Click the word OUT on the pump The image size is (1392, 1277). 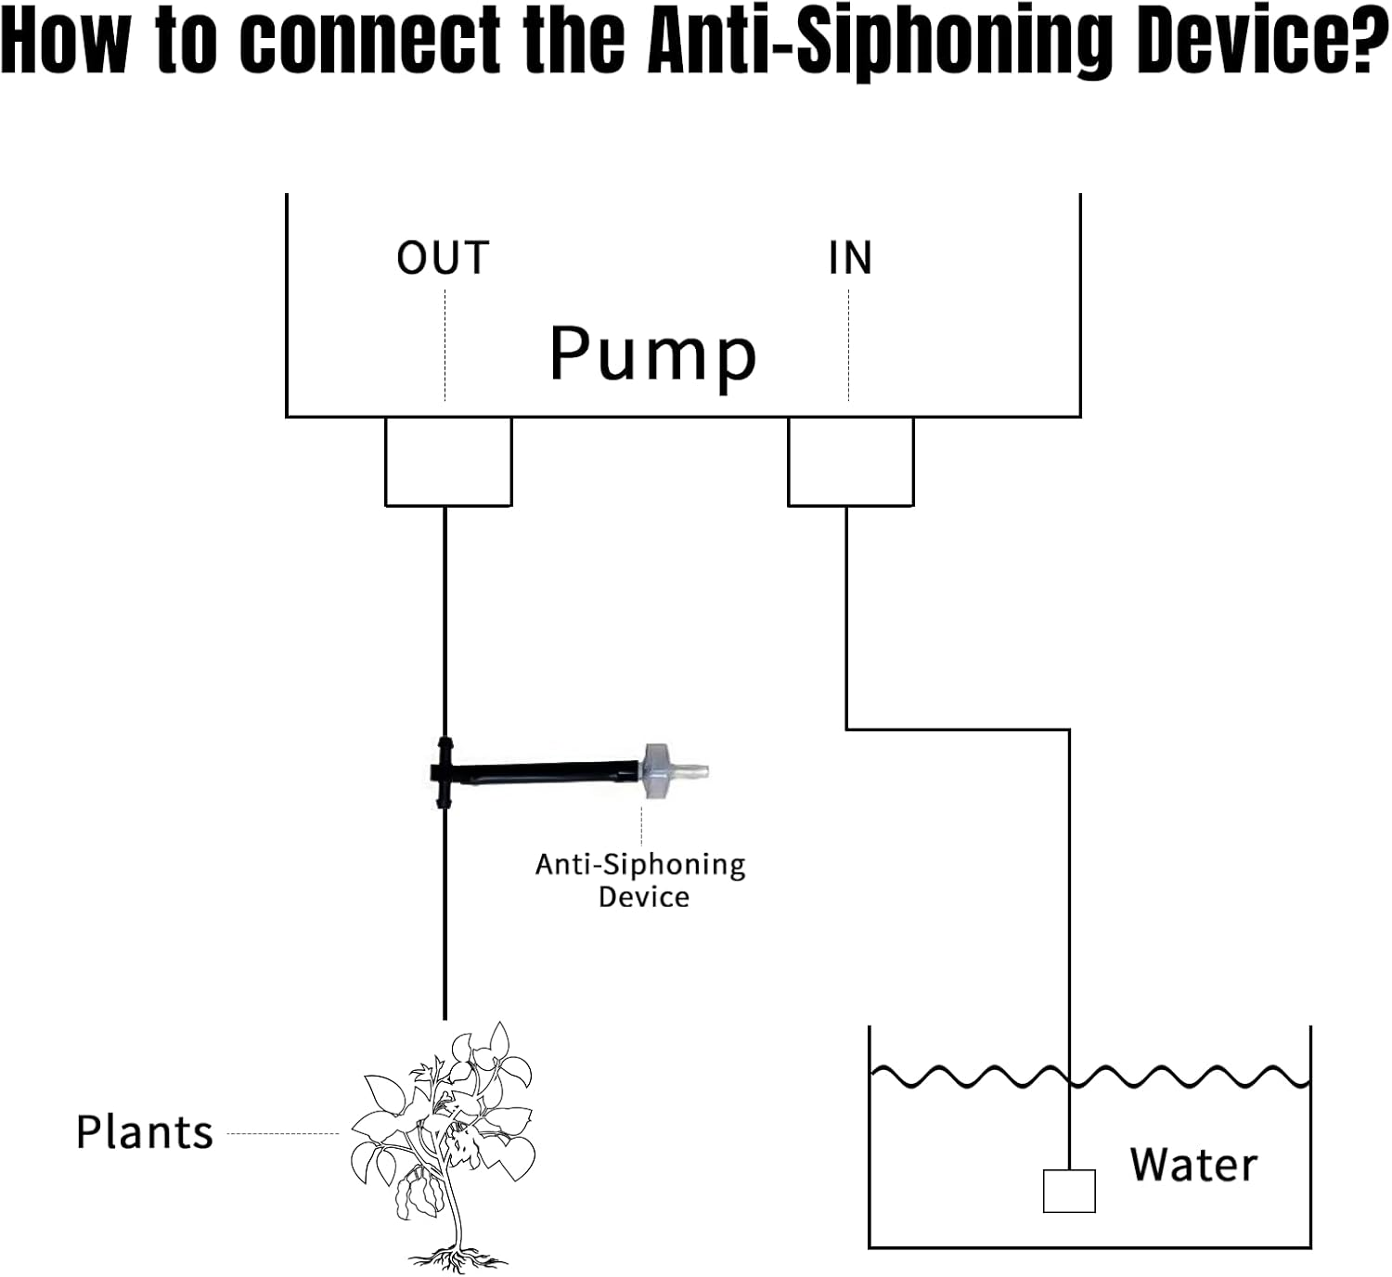(443, 258)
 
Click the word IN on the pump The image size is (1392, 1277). (850, 258)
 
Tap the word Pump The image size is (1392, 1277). (653, 355)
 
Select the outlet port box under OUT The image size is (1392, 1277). (448, 461)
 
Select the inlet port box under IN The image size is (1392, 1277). (850, 461)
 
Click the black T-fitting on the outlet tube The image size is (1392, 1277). (444, 772)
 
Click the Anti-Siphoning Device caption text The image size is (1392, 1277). (641, 880)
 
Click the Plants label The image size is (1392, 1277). (145, 1133)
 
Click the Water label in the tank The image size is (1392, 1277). (1193, 1165)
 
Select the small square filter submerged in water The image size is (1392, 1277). (1069, 1191)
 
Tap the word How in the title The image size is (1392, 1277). (65, 42)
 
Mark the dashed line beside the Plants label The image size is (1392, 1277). (283, 1133)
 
